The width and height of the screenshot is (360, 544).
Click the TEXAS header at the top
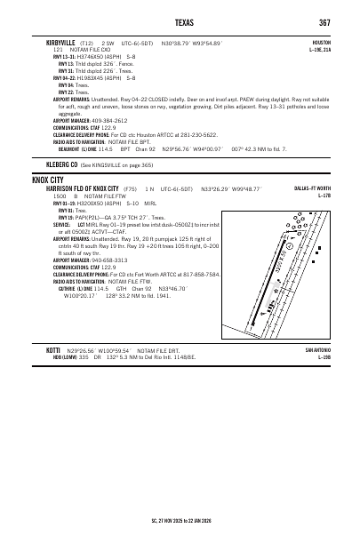point(180,22)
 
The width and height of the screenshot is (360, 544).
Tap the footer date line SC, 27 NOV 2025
point(180,532)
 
